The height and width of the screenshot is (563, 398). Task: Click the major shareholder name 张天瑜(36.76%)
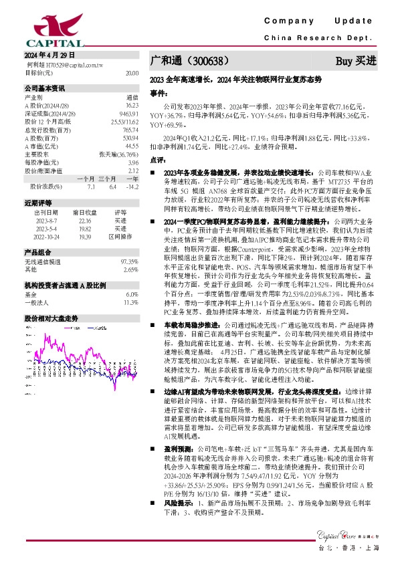point(118,154)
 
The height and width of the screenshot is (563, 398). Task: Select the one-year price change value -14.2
point(132,187)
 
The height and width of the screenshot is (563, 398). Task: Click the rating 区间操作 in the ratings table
point(120,235)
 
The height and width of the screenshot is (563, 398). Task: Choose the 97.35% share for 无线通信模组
point(129,261)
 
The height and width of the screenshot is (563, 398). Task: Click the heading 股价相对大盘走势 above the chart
point(52,318)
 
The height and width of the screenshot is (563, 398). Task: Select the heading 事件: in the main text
point(158,93)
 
